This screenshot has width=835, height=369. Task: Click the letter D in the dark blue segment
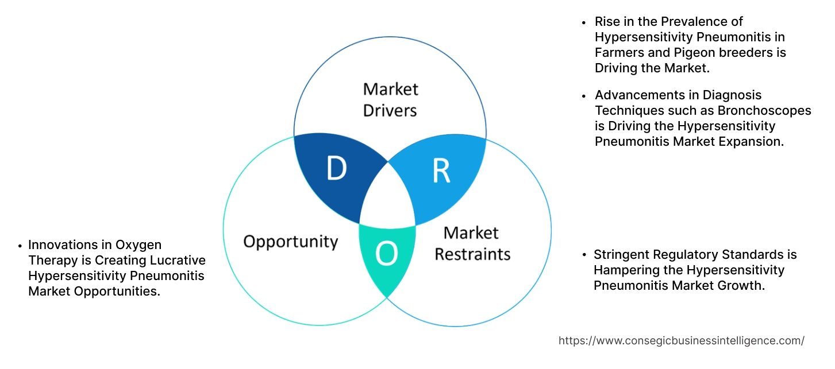[337, 169]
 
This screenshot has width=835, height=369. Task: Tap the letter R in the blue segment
[441, 170]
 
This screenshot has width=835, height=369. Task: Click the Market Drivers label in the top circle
[390, 99]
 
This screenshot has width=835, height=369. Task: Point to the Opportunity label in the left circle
[290, 242]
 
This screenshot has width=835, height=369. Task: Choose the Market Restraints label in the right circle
[472, 243]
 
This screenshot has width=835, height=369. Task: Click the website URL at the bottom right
[681, 340]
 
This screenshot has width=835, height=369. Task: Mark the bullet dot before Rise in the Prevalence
[584, 22]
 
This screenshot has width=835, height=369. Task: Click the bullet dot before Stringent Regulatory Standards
[584, 255]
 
